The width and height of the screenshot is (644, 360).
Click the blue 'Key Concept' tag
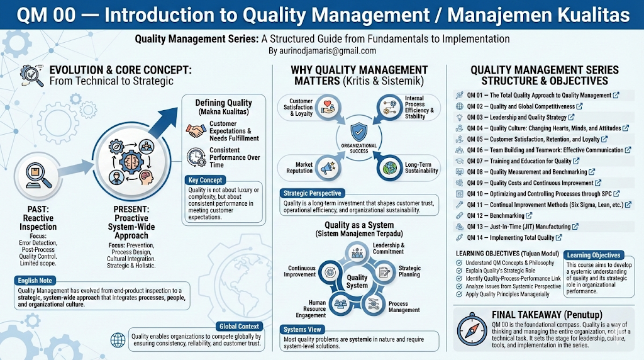tap(206, 180)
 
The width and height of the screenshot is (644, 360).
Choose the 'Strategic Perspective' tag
tap(313, 193)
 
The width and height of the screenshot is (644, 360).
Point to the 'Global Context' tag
tap(238, 326)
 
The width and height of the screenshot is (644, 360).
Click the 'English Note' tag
tap(36, 279)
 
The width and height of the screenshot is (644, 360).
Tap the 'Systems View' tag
tap(304, 329)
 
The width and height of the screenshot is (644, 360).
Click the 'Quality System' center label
tap(357, 281)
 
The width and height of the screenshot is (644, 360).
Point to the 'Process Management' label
tap(404, 307)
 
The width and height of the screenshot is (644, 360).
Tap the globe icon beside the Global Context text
tap(118, 340)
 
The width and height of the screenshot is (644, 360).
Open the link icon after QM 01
tap(616, 95)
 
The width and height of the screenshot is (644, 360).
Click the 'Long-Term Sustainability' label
tap(421, 167)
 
